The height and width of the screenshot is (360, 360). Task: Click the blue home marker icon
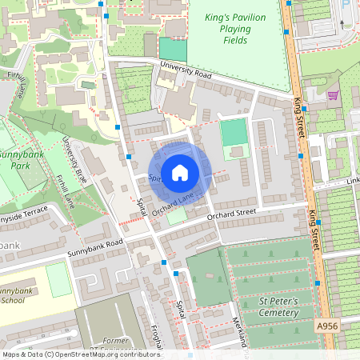(x=180, y=171)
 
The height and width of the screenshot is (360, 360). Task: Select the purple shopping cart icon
(x=332, y=94)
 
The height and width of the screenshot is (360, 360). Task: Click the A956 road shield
(x=326, y=326)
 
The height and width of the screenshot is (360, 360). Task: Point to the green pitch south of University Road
(x=234, y=131)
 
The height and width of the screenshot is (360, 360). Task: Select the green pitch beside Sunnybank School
(x=58, y=279)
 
